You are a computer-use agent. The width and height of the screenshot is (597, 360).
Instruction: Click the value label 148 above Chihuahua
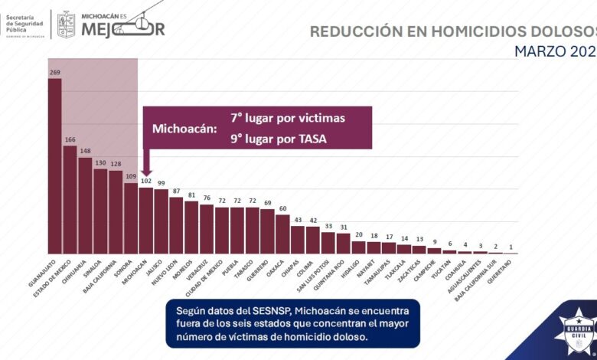click(x=85, y=151)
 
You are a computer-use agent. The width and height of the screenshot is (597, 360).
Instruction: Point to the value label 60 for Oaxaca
click(x=282, y=208)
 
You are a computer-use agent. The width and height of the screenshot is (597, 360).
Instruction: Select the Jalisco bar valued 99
click(x=161, y=221)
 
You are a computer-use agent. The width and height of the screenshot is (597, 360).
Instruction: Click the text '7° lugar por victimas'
click(x=288, y=119)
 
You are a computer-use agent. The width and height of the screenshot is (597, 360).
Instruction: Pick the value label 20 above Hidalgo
click(x=358, y=235)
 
